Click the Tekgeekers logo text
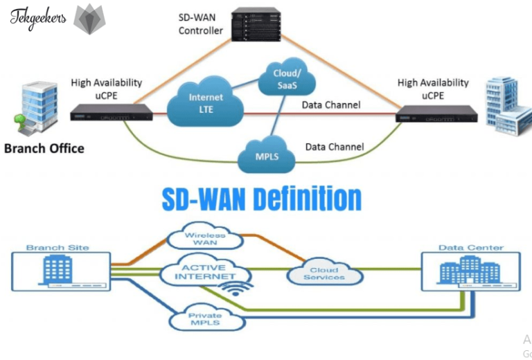(38, 17)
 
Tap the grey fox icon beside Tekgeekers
(90, 19)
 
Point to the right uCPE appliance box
(436, 115)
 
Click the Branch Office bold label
(44, 148)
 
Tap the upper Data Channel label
(330, 105)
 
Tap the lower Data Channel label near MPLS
(335, 147)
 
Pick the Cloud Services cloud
(324, 274)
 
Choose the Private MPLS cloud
(205, 319)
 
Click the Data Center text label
(470, 247)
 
